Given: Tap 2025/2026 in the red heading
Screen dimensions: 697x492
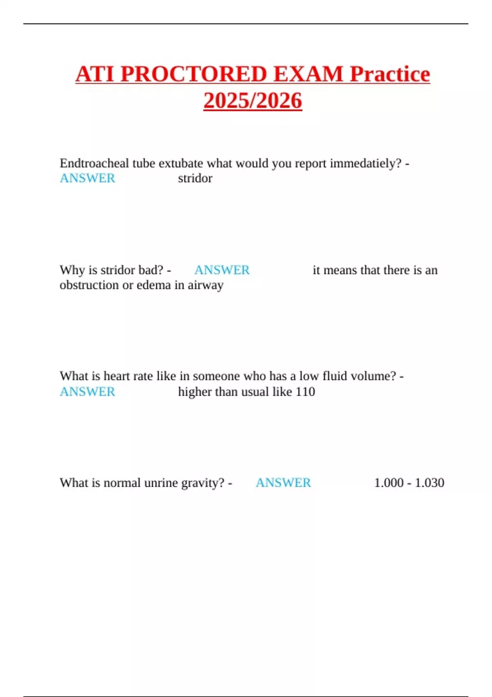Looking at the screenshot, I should (x=253, y=101).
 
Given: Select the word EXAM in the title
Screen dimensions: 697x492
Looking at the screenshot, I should (x=308, y=74).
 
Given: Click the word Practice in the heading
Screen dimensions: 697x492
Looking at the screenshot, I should (x=389, y=74).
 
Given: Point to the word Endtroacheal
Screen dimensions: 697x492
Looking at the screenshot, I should (x=94, y=163).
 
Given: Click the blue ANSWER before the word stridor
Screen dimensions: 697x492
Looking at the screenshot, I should (x=87, y=178).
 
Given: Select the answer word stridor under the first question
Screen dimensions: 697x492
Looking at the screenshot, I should (x=195, y=178).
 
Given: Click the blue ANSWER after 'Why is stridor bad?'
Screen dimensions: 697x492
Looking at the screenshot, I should (x=222, y=270).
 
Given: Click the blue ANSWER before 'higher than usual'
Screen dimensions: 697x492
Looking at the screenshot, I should (x=87, y=392).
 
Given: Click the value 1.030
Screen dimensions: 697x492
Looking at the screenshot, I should (x=429, y=483).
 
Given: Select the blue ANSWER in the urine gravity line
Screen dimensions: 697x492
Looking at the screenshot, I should (x=283, y=483).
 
